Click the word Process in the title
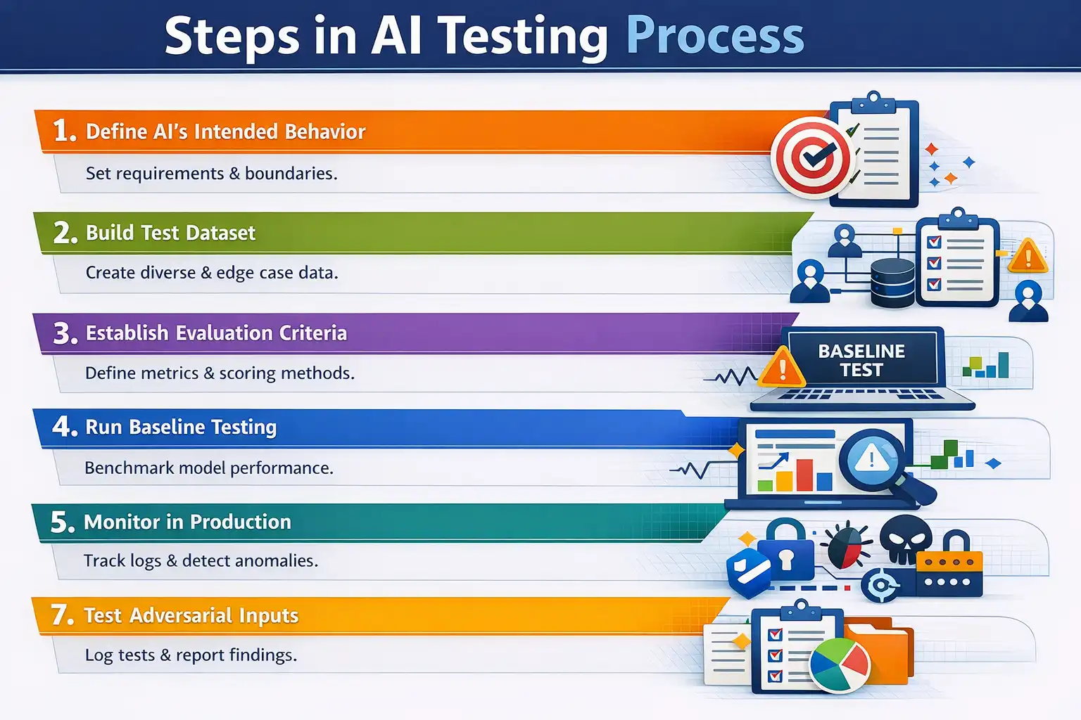coord(714,37)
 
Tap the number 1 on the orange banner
coord(63,131)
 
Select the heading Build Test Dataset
coord(170,233)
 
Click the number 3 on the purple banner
coord(65,333)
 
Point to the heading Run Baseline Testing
coord(181,427)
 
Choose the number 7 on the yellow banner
coord(62,615)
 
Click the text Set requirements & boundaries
coord(211,174)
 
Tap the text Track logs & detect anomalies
coord(201,560)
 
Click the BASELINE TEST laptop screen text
coord(861,361)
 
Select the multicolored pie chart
coord(840,664)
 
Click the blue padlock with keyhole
coord(786,553)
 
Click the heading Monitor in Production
coord(187,522)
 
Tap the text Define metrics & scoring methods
coord(220,373)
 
